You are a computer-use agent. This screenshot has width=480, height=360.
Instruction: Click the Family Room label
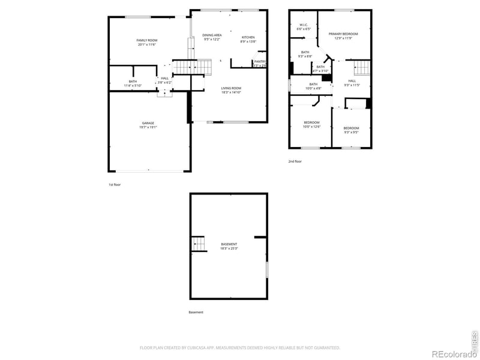147,40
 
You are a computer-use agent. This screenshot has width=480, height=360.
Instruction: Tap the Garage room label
148,123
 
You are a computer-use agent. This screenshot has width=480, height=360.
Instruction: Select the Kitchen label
248,36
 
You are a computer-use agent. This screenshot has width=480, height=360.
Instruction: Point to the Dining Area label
212,35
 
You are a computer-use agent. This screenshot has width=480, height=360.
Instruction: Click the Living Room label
231,88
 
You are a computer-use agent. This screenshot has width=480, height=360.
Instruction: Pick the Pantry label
260,61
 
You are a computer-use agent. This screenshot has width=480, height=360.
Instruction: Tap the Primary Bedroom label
343,34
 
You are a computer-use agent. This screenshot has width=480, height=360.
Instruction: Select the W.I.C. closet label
304,25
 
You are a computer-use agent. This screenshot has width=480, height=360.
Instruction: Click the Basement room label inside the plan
229,244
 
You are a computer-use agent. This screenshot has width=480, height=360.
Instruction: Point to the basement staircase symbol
199,243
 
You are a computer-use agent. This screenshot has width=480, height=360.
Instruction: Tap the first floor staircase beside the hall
193,66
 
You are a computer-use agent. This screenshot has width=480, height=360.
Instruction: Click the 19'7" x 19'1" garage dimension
148,127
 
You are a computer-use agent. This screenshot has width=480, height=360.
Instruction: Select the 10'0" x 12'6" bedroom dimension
312,127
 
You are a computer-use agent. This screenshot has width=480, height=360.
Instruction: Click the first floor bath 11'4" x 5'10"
133,83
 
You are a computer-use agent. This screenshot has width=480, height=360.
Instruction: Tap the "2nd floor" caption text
295,161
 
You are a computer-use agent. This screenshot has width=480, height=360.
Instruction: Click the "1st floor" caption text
115,185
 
